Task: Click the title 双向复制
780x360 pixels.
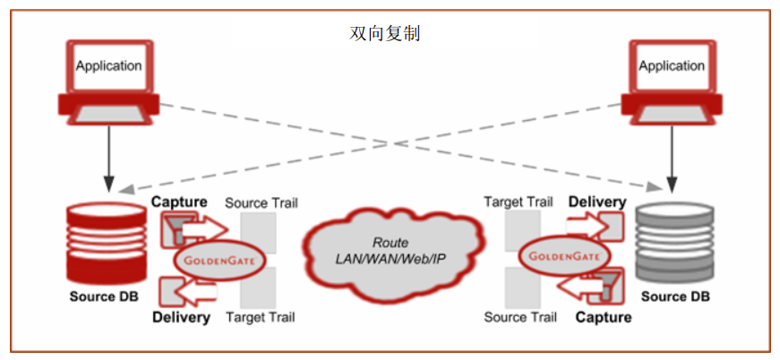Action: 384,34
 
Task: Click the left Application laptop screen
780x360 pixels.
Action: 108,65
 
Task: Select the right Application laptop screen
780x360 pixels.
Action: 671,65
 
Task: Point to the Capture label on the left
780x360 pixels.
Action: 179,202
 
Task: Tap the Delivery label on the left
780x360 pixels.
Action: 181,317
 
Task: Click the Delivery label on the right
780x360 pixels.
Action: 596,202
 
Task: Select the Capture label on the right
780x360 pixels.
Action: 603,317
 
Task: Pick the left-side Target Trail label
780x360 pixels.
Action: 260,317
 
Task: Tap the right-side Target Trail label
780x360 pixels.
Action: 519,203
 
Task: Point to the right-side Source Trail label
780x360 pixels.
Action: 519,317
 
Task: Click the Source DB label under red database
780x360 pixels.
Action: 104,296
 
